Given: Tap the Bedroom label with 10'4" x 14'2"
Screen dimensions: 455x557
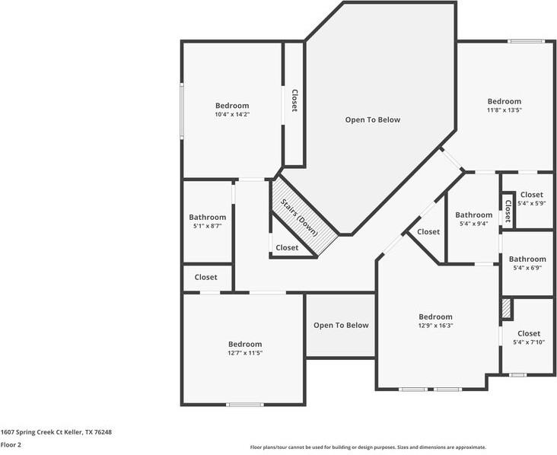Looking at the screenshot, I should pyautogui.click(x=232, y=110).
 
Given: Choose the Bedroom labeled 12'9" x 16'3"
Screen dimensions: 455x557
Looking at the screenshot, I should pyautogui.click(x=435, y=320).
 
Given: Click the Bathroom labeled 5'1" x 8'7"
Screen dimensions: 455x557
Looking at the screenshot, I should pyautogui.click(x=208, y=221).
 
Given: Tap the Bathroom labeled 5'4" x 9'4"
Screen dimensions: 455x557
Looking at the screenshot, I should pyautogui.click(x=474, y=218).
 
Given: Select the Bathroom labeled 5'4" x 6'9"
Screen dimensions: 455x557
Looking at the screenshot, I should pyautogui.click(x=527, y=263).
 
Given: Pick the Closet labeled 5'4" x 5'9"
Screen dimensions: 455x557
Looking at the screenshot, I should pyautogui.click(x=531, y=199).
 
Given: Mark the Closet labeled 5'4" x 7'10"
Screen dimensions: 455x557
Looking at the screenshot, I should pyautogui.click(x=528, y=337).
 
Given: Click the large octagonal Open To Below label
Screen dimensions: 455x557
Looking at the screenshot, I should pyautogui.click(x=373, y=119).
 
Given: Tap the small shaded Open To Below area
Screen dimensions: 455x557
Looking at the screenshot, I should pyautogui.click(x=341, y=326).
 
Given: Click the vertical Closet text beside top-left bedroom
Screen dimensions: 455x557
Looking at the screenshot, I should pyautogui.click(x=294, y=101).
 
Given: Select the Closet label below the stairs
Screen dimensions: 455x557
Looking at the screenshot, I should pyautogui.click(x=287, y=248).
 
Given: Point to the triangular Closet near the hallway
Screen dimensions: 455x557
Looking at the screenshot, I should pyautogui.click(x=428, y=232).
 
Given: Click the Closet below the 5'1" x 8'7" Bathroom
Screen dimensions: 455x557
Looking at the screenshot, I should pyautogui.click(x=205, y=277).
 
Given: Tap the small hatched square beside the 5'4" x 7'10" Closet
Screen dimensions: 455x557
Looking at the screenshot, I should pyautogui.click(x=506, y=309).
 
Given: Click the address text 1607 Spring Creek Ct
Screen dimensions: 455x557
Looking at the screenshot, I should pyautogui.click(x=56, y=432).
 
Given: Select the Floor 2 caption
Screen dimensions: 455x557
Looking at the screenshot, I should pyautogui.click(x=11, y=445).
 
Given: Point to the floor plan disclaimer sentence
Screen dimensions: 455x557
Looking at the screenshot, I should pyautogui.click(x=368, y=447).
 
